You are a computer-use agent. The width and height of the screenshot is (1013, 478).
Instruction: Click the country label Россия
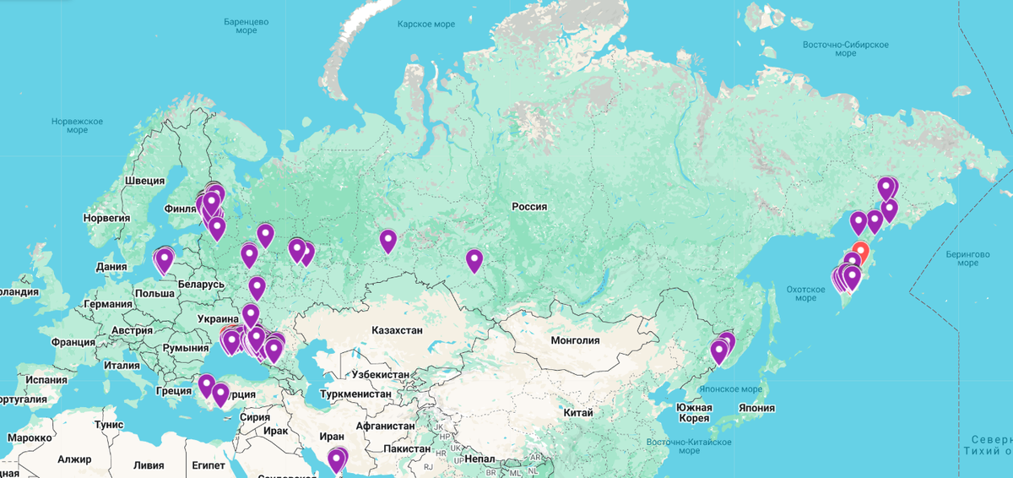pyautogui.click(x=529, y=206)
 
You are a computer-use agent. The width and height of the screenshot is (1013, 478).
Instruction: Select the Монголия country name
pyautogui.click(x=574, y=340)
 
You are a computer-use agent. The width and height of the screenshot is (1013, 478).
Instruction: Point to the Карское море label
pyautogui.click(x=426, y=24)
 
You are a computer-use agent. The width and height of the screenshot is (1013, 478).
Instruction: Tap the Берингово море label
pyautogui.click(x=967, y=258)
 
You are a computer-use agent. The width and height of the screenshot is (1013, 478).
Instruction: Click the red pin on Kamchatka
pyautogui.click(x=859, y=252)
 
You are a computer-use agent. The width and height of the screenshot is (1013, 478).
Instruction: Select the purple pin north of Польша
pyautogui.click(x=165, y=259)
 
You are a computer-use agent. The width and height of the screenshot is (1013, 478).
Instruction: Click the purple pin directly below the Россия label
pyautogui.click(x=474, y=260)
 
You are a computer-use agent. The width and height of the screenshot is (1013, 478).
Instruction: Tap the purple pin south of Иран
pyautogui.click(x=337, y=459)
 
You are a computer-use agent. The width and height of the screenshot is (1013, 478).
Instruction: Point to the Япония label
pyautogui.click(x=756, y=407)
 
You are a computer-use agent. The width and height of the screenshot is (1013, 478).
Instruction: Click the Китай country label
pyautogui.click(x=577, y=412)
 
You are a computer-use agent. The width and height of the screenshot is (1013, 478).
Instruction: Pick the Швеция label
pyautogui.click(x=144, y=181)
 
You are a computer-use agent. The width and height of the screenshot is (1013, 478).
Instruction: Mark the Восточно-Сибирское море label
pyautogui.click(x=845, y=47)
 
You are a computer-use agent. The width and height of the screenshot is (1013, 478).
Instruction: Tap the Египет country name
pyautogui.click(x=208, y=465)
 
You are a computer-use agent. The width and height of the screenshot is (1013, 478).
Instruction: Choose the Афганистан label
pyautogui.click(x=388, y=426)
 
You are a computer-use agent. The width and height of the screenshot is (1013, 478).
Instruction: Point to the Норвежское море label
pyautogui.click(x=77, y=126)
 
